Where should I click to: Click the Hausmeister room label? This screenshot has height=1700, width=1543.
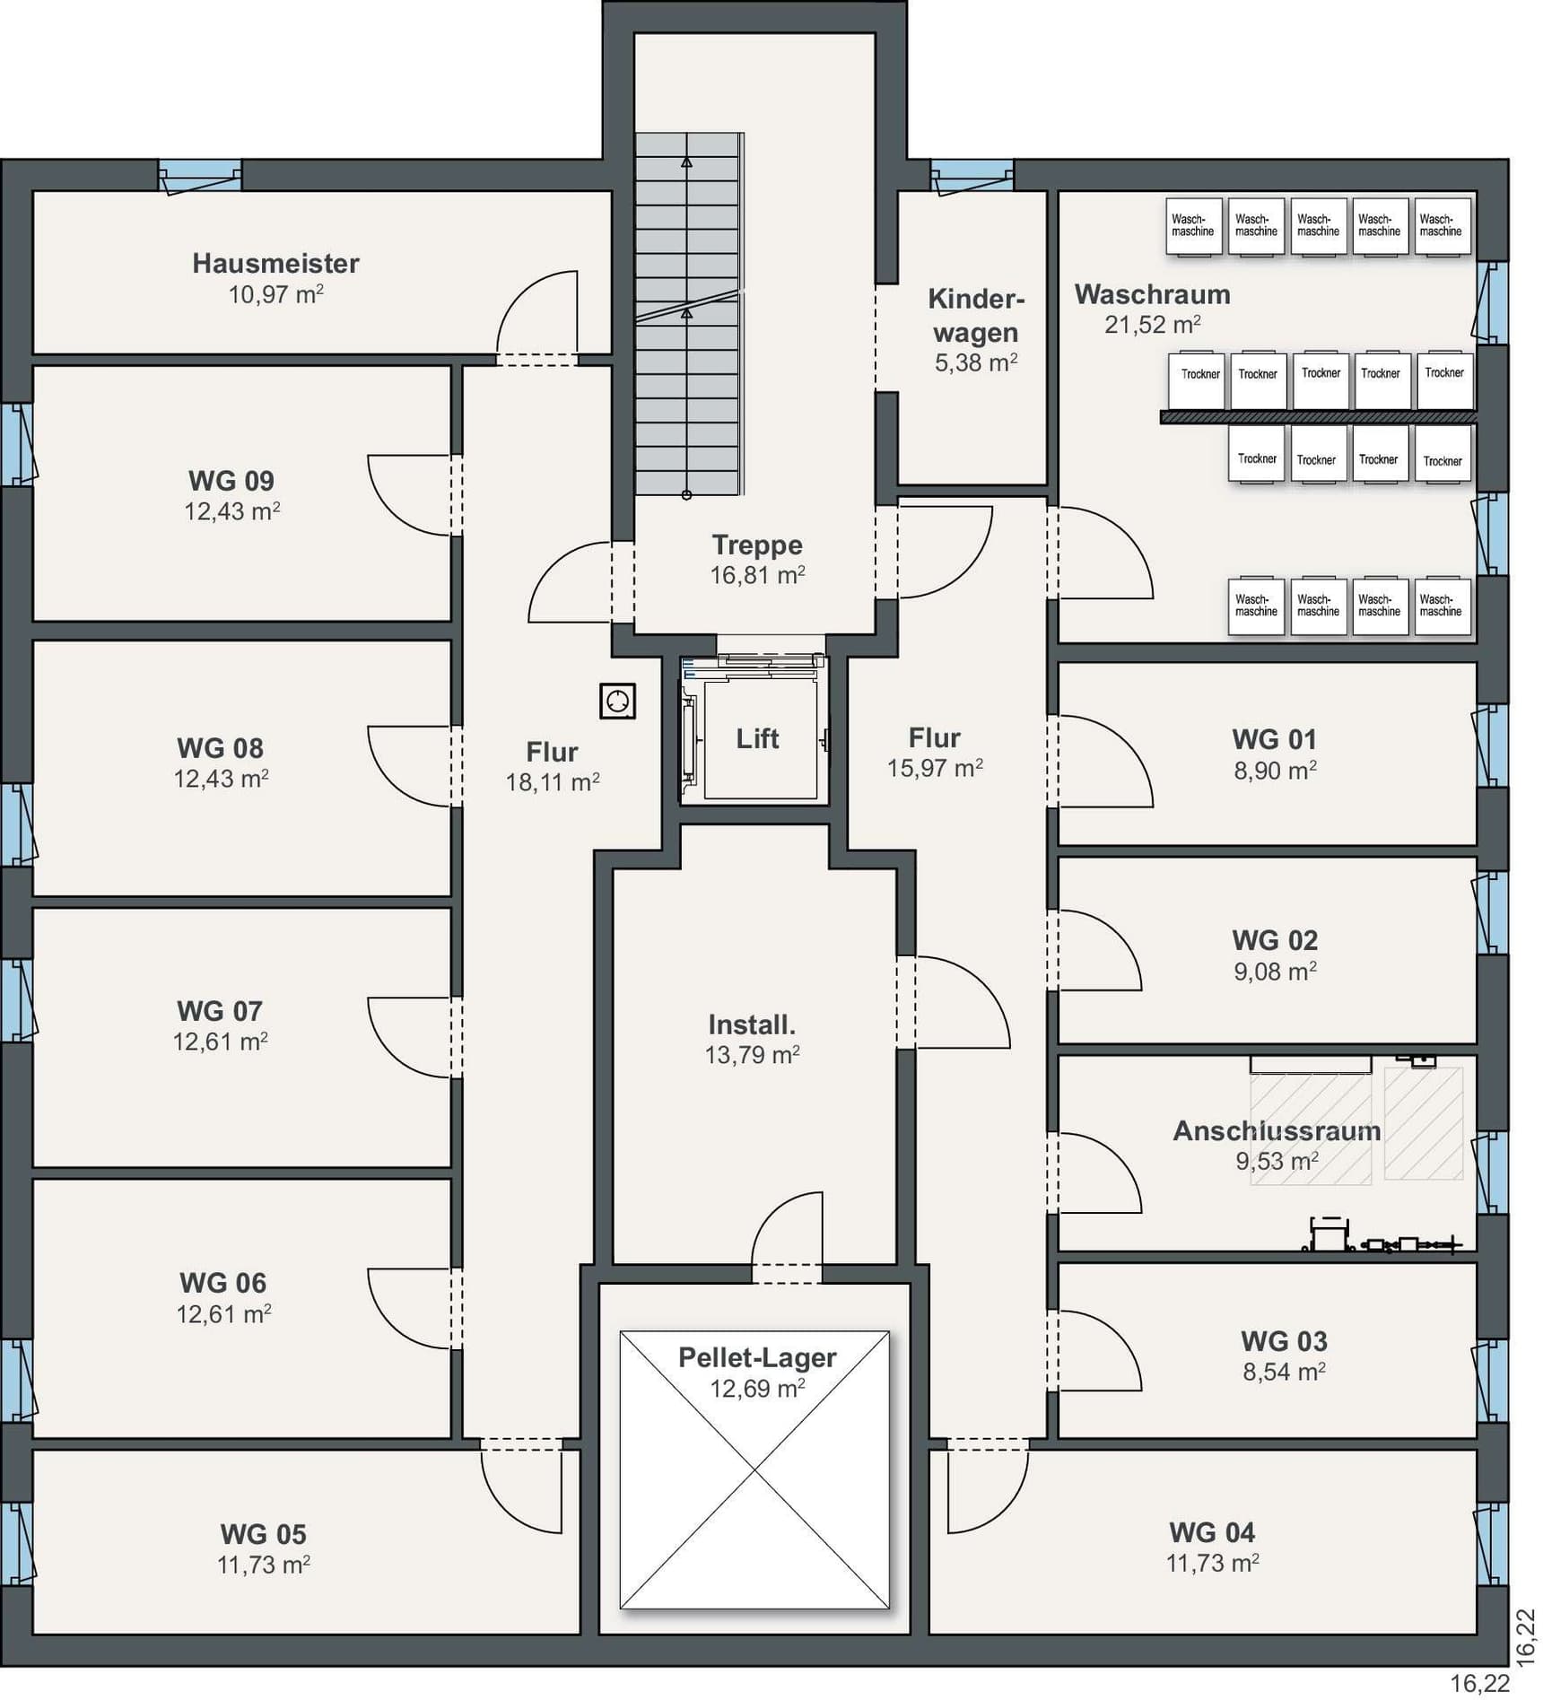[275, 263]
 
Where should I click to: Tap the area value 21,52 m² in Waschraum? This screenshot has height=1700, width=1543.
[1152, 325]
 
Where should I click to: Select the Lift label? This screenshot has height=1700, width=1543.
[757, 739]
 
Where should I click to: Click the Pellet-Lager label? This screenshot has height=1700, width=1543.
[757, 1357]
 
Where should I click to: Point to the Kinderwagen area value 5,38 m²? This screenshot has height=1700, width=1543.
[976, 362]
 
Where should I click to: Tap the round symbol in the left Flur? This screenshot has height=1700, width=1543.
[617, 702]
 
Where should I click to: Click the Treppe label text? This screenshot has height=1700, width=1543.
[757, 545]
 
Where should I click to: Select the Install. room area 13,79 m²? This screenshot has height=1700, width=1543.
[752, 1055]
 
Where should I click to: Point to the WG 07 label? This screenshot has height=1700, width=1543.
[220, 1011]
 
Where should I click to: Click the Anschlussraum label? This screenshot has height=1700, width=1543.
[1277, 1130]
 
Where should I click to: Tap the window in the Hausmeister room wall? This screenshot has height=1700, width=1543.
[200, 176]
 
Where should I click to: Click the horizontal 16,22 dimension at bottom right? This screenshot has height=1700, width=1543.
[1480, 1684]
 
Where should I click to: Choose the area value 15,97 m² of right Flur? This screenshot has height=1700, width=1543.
[935, 769]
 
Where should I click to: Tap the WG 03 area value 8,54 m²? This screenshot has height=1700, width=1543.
[1284, 1372]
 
